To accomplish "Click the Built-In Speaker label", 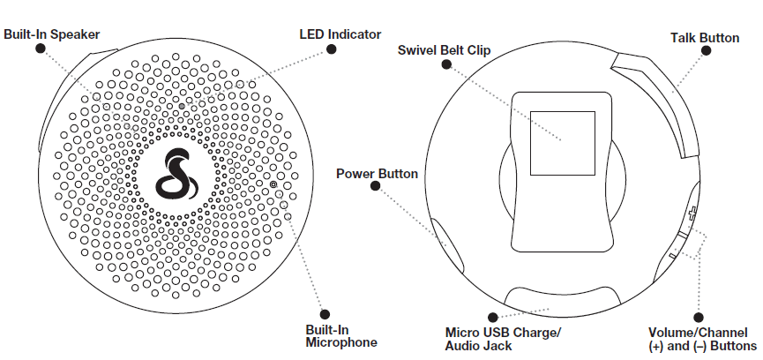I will tap(50, 34).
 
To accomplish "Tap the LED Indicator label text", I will tap(340, 34).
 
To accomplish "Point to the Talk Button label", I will tap(704, 38).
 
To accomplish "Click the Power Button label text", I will tap(377, 173).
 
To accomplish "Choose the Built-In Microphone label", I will tap(329, 336).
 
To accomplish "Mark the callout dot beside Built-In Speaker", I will tap(40, 49).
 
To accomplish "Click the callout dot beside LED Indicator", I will tap(333, 49).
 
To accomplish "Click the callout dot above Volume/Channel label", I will tap(699, 317).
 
